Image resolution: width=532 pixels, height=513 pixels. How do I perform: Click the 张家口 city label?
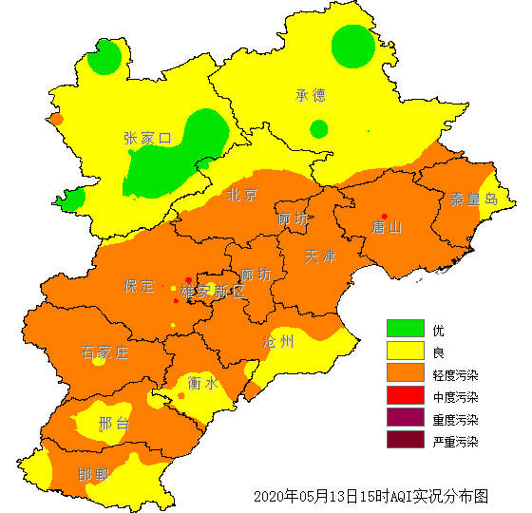147,139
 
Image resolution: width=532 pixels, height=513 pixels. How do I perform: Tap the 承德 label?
311,95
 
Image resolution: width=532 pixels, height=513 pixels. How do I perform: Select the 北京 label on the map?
241,196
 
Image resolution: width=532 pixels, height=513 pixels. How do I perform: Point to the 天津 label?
320,257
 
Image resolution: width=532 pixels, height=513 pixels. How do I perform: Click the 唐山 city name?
387,227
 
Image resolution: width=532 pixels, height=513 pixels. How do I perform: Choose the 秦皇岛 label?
473,199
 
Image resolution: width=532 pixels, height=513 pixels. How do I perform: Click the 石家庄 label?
104,353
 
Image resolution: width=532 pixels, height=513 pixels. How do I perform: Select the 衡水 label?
202,383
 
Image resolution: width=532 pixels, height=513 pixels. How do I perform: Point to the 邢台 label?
114,423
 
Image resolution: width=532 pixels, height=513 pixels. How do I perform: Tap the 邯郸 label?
93,474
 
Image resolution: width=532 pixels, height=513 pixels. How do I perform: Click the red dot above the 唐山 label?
385,216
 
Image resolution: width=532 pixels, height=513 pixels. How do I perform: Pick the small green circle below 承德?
319,128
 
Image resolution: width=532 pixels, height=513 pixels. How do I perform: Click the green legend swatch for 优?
404,329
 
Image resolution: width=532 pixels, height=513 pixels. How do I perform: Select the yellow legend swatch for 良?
404,351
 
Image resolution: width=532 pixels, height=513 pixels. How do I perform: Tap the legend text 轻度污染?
455,375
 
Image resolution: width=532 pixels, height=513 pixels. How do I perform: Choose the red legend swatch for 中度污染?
404,396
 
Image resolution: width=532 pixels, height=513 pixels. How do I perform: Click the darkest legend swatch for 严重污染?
404,440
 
